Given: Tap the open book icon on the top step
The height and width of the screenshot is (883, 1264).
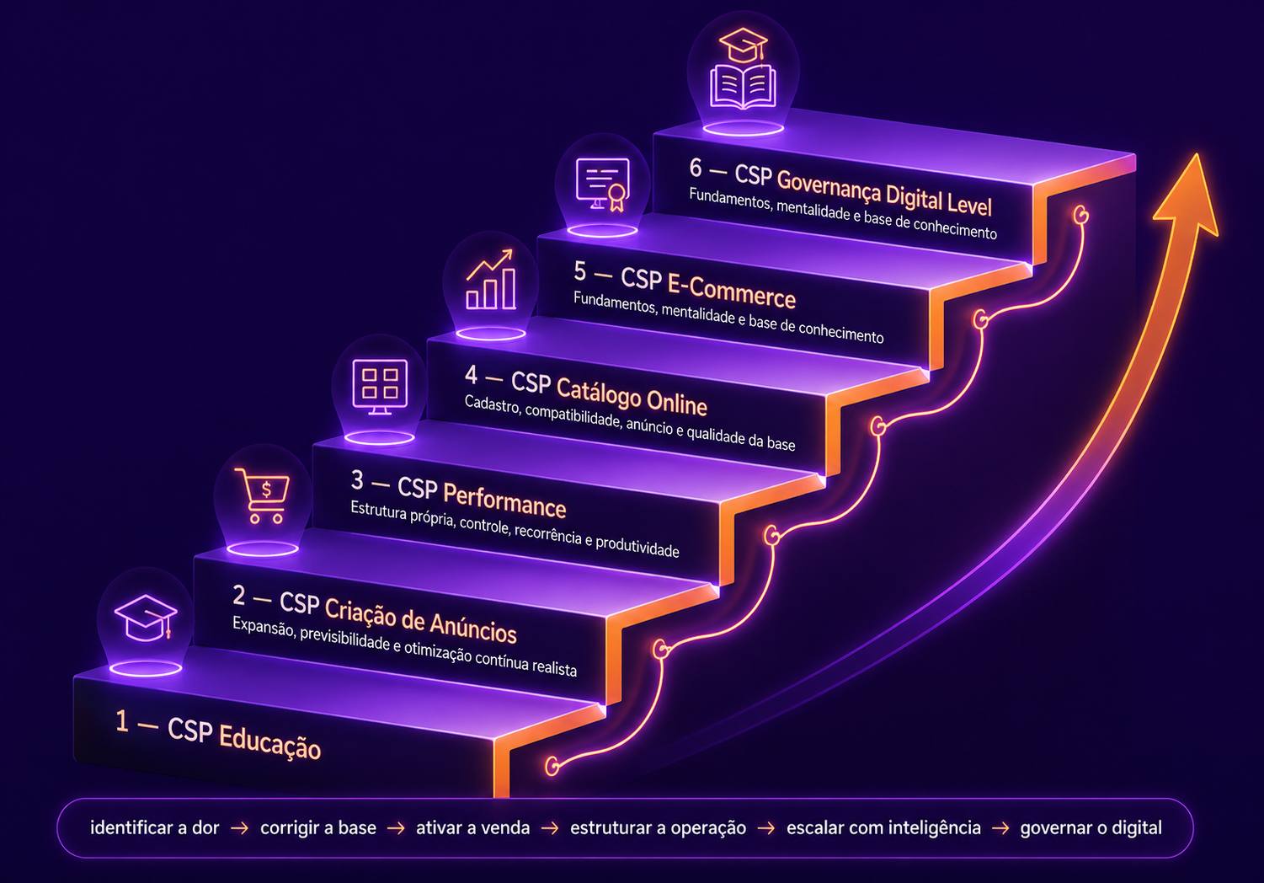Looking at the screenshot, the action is (x=743, y=86).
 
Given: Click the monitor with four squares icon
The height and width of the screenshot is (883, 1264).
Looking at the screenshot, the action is (x=380, y=387).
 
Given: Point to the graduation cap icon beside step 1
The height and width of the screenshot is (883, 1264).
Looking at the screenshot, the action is (x=146, y=618).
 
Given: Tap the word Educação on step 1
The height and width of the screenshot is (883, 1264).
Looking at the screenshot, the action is (x=269, y=741).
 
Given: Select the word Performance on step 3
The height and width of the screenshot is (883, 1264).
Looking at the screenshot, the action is (x=504, y=500).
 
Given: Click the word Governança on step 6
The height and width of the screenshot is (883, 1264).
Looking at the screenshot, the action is (x=829, y=185).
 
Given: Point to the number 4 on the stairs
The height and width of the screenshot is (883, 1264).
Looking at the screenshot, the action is (x=472, y=374).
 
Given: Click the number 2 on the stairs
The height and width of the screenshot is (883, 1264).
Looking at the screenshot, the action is (x=238, y=595).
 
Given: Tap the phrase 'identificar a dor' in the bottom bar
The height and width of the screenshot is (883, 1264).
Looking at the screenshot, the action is (x=155, y=827).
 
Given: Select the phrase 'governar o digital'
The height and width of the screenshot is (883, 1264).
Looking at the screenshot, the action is (x=1091, y=827).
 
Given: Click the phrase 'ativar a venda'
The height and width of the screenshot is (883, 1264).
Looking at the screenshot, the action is (x=473, y=827).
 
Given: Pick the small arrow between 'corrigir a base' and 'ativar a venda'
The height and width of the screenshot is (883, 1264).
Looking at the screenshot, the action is (x=396, y=828).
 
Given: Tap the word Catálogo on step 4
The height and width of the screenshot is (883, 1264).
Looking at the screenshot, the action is (x=598, y=393).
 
